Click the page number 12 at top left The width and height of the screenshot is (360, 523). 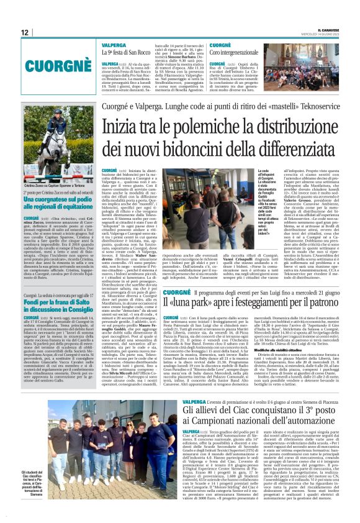pos(24,32)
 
